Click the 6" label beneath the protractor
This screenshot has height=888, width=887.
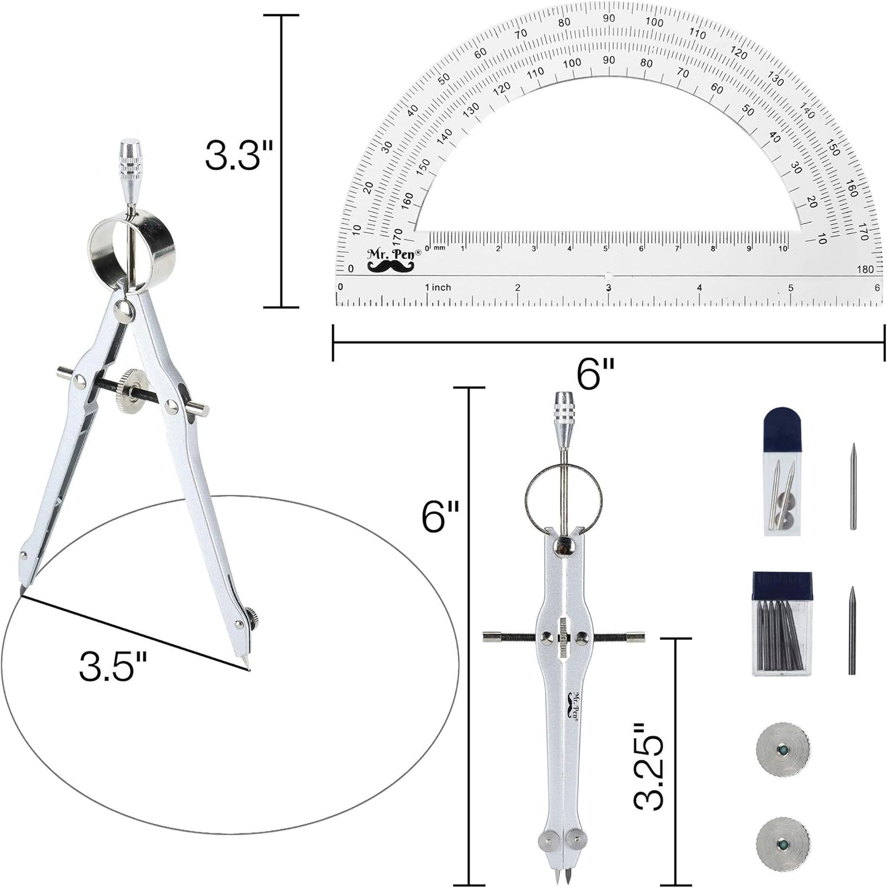(x=595, y=373)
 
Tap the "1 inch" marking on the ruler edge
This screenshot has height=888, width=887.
(x=438, y=287)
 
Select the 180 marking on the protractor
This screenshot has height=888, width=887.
(x=865, y=269)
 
